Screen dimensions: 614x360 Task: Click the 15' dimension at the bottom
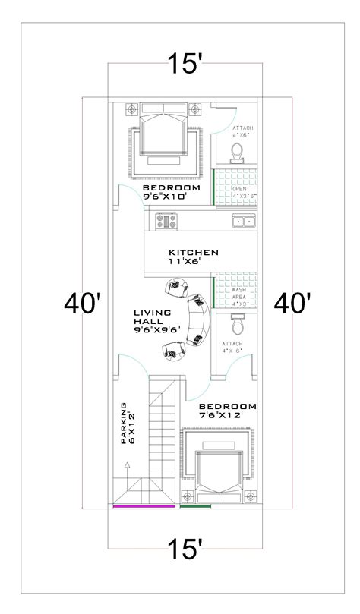185,548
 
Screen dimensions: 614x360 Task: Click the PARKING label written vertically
127,424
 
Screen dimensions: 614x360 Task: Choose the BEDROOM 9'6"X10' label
171,192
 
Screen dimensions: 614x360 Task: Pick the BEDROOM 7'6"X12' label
228,411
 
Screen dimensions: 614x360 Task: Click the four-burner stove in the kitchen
166,222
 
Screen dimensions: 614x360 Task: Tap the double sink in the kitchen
244,222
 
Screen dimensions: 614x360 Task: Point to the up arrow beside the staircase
127,464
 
